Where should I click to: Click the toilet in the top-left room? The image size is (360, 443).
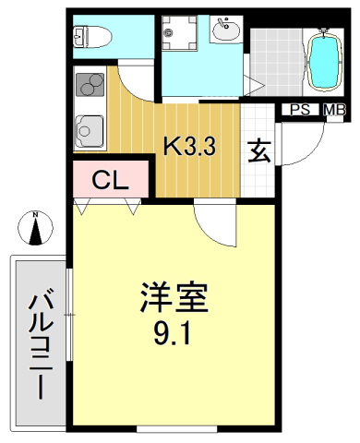[90, 37]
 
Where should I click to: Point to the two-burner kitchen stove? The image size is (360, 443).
[90, 86]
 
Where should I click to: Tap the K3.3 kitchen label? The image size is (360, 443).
[190, 146]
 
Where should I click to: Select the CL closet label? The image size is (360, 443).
[109, 179]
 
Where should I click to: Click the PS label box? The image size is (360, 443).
[300, 110]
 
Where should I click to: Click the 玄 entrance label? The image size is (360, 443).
[259, 150]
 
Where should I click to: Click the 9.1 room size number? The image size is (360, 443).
[174, 334]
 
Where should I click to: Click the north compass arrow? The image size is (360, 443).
[35, 231]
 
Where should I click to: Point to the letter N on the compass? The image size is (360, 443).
[35, 216]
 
